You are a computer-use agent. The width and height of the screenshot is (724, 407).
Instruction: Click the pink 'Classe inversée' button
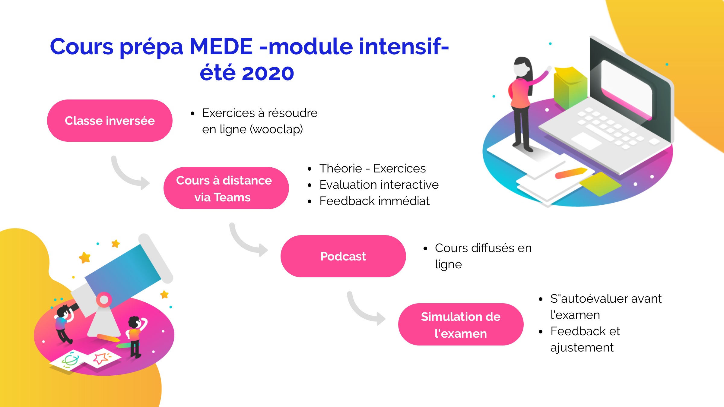click(x=110, y=121)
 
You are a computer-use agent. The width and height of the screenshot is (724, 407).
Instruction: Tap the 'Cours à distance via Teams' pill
click(x=226, y=188)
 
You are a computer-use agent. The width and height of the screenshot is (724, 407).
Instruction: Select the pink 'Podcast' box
click(x=343, y=256)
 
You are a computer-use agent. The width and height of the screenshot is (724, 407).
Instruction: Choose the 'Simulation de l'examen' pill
click(x=461, y=324)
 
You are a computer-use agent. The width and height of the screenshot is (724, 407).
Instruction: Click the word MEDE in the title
click(x=221, y=47)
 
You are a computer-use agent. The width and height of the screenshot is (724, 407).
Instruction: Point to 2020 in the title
click(x=268, y=73)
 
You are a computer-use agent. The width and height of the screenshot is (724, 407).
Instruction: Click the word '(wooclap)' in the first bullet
click(x=276, y=129)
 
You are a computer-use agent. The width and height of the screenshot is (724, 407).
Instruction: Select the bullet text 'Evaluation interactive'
click(x=379, y=185)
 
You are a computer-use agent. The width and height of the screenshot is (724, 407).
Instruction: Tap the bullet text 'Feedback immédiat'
click(x=374, y=201)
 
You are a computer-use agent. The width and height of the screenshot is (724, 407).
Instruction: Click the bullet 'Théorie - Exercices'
click(x=373, y=168)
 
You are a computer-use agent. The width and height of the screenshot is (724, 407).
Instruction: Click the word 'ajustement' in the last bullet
click(x=582, y=348)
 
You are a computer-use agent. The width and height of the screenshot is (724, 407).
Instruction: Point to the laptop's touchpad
click(x=586, y=140)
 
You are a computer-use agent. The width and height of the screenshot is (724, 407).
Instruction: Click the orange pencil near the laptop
click(x=571, y=173)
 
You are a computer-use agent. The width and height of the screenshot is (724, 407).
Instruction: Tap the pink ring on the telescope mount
click(x=104, y=300)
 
